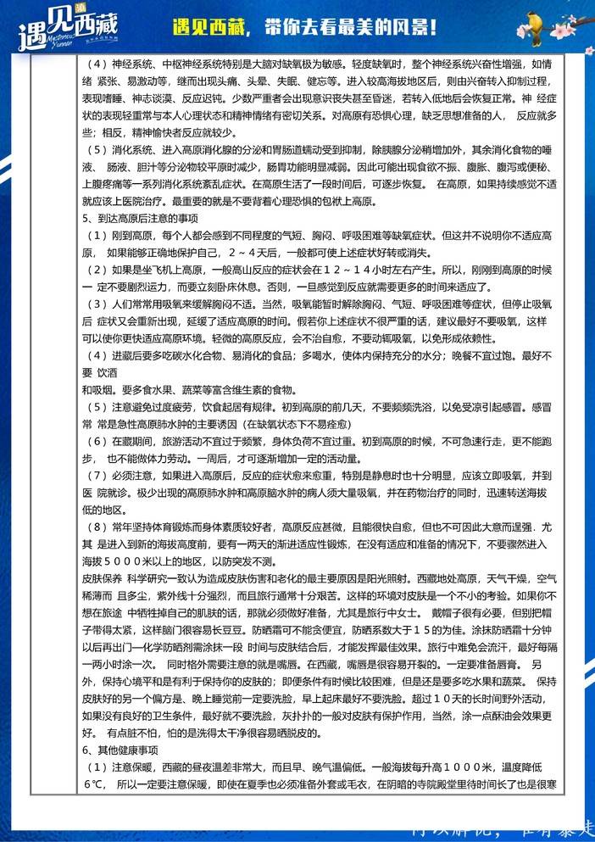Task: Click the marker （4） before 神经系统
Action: click(98, 63)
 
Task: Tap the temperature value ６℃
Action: click(92, 784)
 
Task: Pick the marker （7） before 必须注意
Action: click(98, 476)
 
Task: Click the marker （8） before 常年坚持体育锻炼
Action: click(98, 527)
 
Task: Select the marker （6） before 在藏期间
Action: click(98, 442)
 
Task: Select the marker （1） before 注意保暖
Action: click(98, 767)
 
